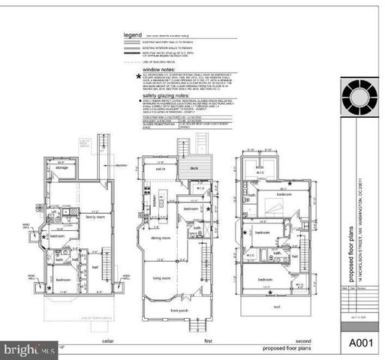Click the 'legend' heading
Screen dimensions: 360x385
(x=134, y=35)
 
